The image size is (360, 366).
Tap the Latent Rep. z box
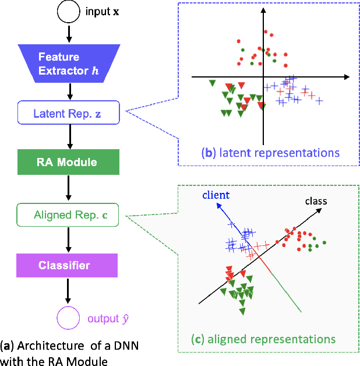(x=69, y=112)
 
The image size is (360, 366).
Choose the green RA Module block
(x=69, y=162)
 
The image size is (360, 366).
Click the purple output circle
(x=68, y=318)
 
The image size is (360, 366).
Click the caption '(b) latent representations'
(x=270, y=153)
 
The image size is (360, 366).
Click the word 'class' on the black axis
(x=315, y=201)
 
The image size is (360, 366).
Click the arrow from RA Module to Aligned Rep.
(x=69, y=188)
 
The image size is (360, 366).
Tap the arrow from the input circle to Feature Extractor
(x=69, y=33)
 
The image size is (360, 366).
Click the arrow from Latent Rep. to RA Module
(x=69, y=137)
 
